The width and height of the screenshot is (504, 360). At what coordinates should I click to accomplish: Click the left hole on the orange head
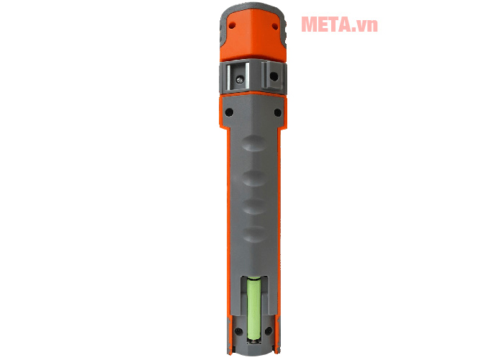(x=233, y=24)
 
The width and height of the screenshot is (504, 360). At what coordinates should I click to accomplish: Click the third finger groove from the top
(x=251, y=207)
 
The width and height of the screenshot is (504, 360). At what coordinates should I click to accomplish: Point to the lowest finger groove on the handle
(x=251, y=234)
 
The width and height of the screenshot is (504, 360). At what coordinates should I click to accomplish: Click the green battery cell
(x=253, y=311)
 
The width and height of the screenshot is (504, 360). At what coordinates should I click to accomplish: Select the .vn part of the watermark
(x=366, y=26)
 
